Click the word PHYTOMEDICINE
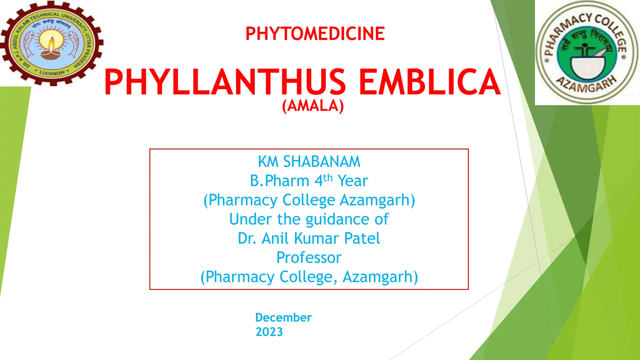point(315,34)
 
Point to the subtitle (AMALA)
point(313,106)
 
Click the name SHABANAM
point(322,162)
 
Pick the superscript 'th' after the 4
point(328,178)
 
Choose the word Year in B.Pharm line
point(353,181)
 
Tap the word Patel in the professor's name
point(362,238)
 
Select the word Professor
point(309,257)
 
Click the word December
point(283,317)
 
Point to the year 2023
point(269,332)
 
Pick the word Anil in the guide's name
point(274,238)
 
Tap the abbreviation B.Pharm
point(279,181)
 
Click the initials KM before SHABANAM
point(268,162)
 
